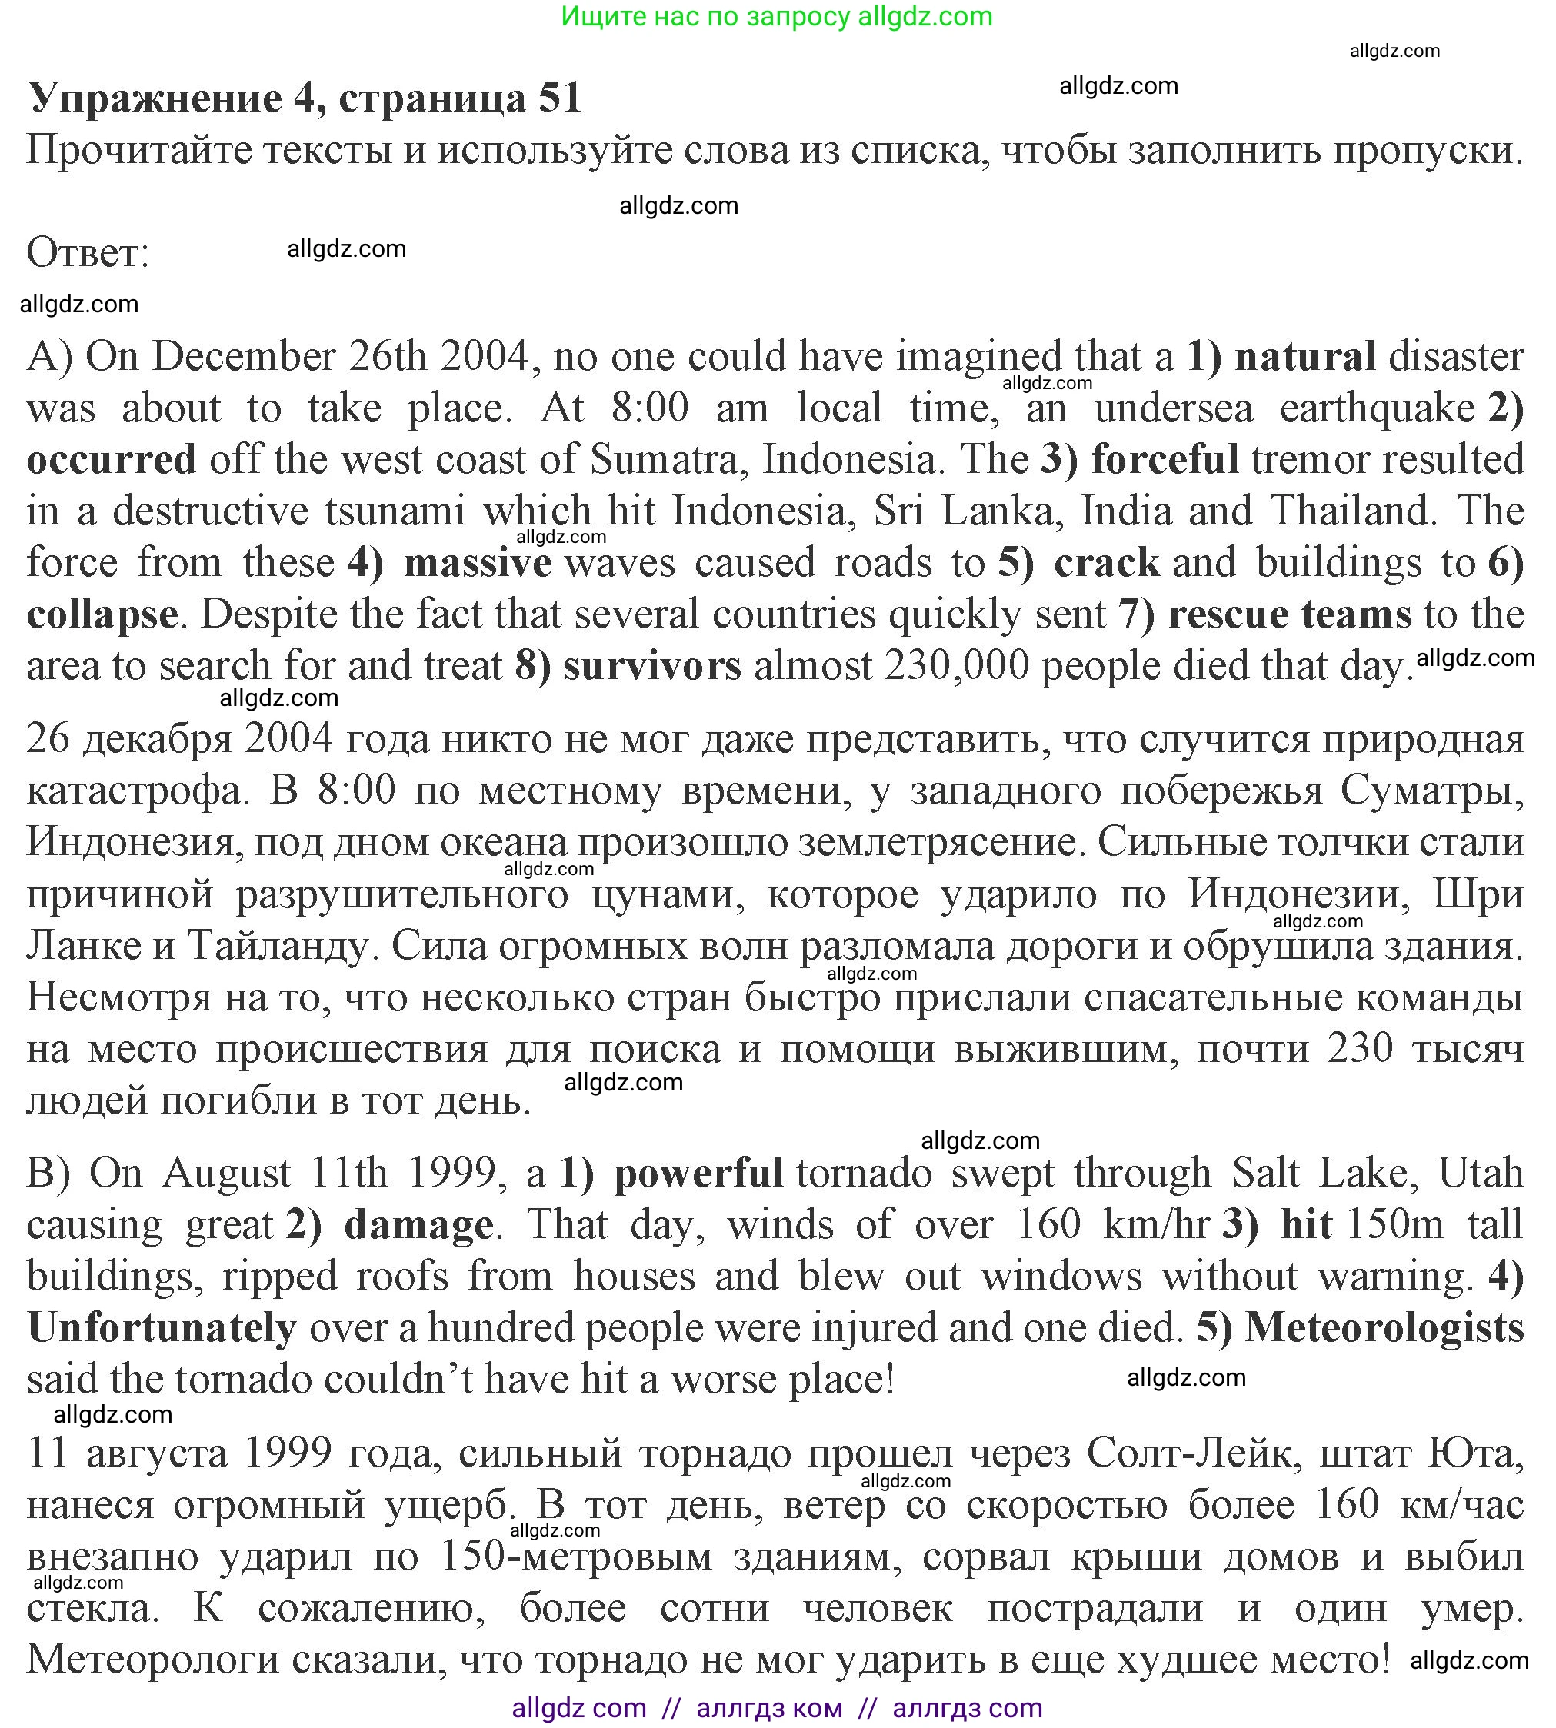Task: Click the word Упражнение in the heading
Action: pos(155,98)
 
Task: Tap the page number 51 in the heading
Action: pos(560,98)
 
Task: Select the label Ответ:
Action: pos(88,253)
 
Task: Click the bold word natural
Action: pos(1305,356)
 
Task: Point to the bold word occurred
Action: pos(111,460)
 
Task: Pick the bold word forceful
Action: pos(1165,460)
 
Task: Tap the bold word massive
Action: pos(478,563)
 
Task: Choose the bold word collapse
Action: pos(102,615)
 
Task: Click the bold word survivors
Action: pos(652,667)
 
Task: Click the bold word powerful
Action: pos(698,1174)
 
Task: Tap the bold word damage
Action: pos(419,1224)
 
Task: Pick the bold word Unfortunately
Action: pos(162,1328)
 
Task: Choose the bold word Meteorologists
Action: pos(1384,1328)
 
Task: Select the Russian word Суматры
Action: pos(1431,791)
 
